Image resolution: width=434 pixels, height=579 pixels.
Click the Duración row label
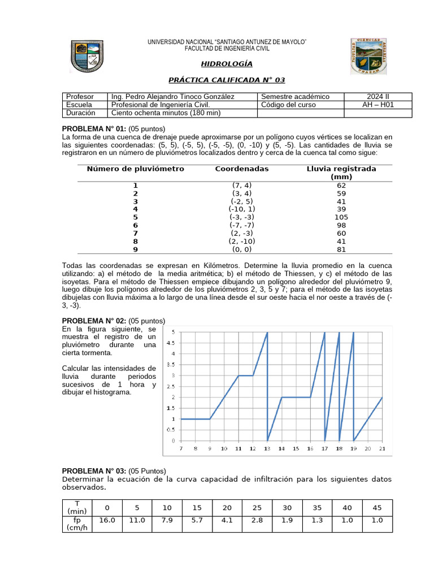(80, 113)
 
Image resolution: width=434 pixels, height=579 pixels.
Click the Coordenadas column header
(242, 168)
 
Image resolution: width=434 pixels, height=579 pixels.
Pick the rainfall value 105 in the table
(341, 217)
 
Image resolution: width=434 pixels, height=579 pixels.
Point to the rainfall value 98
(341, 225)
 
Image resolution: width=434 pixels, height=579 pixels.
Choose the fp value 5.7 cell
(197, 520)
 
